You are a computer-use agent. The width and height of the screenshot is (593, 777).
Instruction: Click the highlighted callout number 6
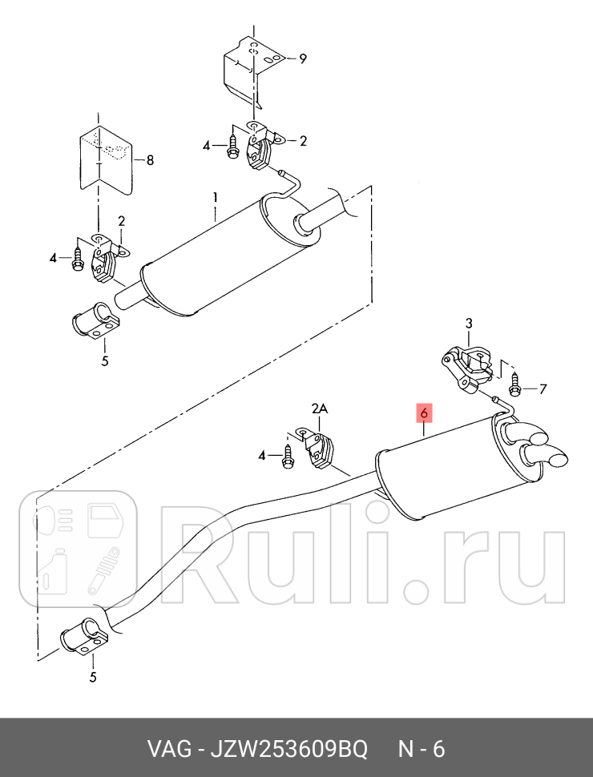[425, 413]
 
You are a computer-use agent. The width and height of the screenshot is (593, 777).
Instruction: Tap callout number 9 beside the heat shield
[302, 59]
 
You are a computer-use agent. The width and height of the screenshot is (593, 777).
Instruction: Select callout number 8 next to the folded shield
[150, 160]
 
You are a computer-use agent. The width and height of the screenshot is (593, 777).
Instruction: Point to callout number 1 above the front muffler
[216, 198]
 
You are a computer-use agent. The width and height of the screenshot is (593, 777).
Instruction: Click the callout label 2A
[320, 409]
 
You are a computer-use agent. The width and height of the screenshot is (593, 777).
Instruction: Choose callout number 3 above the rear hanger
[469, 324]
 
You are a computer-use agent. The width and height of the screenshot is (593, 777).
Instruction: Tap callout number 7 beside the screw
[543, 389]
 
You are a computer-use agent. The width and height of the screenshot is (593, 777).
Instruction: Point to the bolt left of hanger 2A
[288, 457]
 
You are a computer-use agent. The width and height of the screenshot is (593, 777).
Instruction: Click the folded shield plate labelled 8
[107, 158]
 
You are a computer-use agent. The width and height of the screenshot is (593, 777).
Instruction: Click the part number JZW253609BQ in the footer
[289, 749]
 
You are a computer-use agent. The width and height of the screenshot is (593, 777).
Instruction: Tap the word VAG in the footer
[170, 749]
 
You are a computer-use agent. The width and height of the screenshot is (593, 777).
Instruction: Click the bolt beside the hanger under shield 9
[232, 146]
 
